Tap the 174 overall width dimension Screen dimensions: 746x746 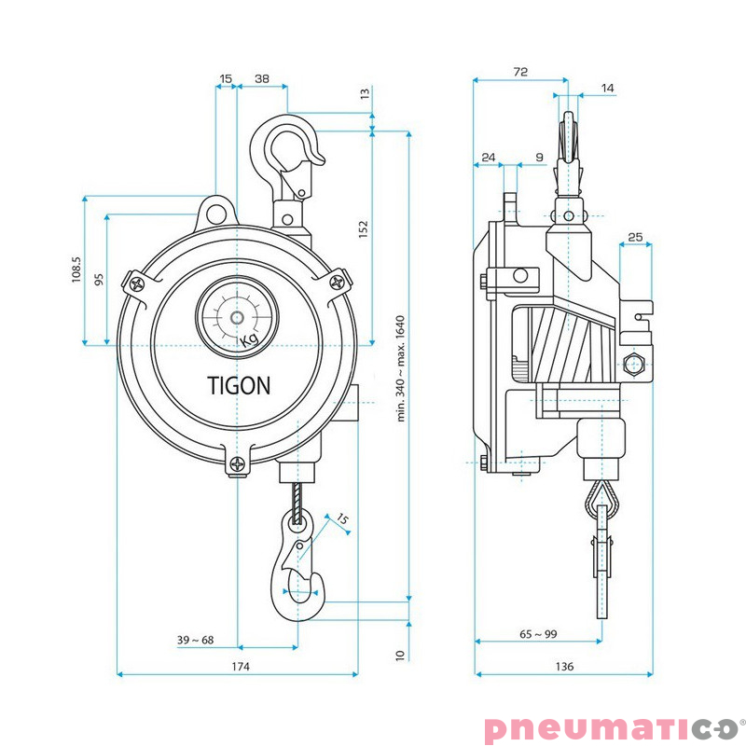(239, 666)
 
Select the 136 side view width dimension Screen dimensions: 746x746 (563, 666)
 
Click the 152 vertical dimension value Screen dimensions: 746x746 (364, 229)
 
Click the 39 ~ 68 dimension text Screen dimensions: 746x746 (195, 640)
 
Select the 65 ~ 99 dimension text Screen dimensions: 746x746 (538, 634)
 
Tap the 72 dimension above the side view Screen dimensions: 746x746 (520, 72)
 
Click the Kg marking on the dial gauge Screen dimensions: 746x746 (249, 341)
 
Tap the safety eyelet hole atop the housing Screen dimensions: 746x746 (217, 210)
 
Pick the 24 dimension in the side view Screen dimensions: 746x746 (488, 158)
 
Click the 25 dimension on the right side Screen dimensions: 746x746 (635, 238)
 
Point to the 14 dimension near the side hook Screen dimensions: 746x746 (608, 88)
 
